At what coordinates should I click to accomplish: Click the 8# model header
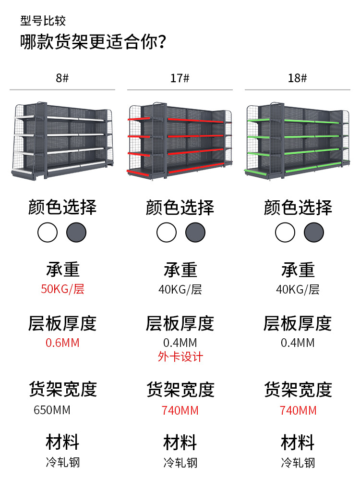(62, 78)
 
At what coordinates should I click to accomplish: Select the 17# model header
(180, 78)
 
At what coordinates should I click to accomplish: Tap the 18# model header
(298, 78)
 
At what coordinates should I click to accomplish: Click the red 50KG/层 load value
(62, 289)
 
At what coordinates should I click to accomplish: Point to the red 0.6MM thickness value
(62, 343)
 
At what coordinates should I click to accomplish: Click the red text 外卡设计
(180, 357)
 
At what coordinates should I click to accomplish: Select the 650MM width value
(52, 410)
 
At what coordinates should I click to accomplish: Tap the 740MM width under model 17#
(180, 410)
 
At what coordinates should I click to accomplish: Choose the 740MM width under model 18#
(298, 410)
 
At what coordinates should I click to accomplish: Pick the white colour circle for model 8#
(48, 233)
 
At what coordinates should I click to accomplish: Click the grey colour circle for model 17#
(195, 233)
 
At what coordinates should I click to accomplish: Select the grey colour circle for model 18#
(313, 233)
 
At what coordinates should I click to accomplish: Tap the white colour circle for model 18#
(285, 233)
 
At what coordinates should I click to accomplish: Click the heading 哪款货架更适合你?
(94, 42)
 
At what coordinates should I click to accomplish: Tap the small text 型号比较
(43, 21)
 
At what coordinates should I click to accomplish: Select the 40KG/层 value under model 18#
(298, 289)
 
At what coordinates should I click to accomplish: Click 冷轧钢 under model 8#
(62, 463)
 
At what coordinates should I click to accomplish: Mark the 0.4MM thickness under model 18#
(298, 343)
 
